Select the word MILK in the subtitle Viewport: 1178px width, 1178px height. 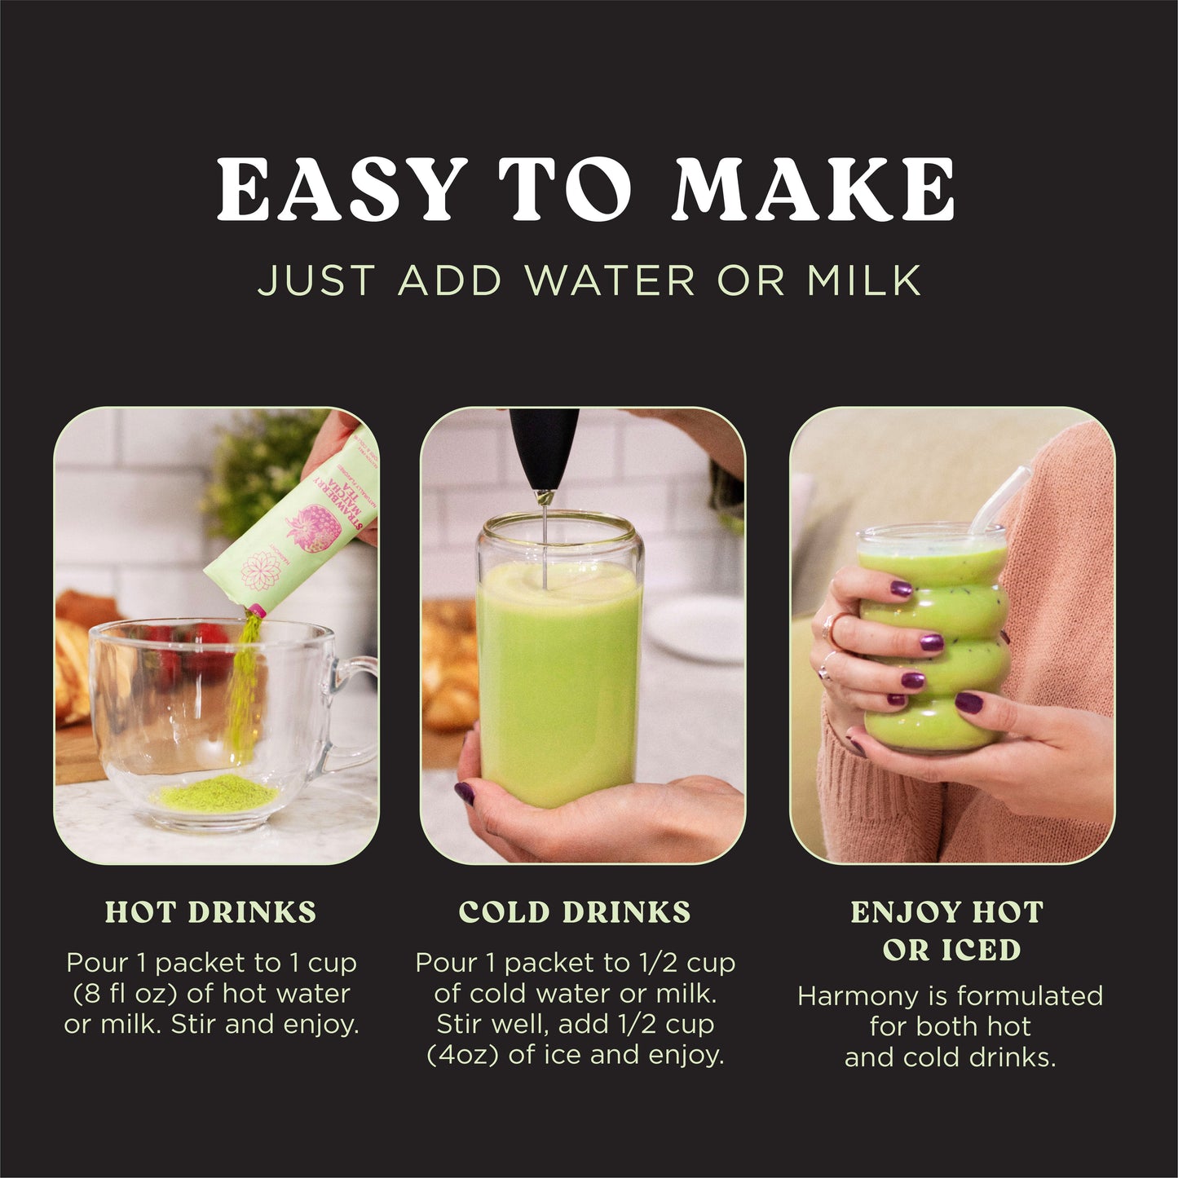[x=863, y=280]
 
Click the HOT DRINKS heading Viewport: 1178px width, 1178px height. [x=210, y=912]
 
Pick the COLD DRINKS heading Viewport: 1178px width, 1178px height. [x=575, y=912]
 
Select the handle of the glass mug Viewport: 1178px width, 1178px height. [x=352, y=709]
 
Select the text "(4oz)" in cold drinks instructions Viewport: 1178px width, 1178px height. [x=462, y=1055]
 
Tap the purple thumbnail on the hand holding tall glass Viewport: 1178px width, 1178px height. [x=464, y=791]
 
